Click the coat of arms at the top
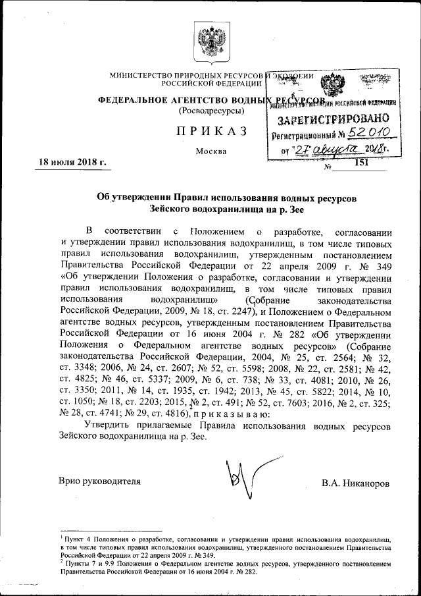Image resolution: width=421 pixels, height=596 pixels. point(210,41)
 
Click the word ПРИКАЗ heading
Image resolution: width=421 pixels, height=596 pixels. point(211,131)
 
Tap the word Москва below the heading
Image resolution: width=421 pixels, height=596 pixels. point(211,151)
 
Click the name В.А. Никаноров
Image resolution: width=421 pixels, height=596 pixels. point(355,483)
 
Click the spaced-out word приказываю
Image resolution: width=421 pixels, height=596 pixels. point(230,414)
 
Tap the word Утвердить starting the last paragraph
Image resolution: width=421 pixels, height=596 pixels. point(109,427)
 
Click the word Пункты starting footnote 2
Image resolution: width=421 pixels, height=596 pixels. point(76,562)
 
